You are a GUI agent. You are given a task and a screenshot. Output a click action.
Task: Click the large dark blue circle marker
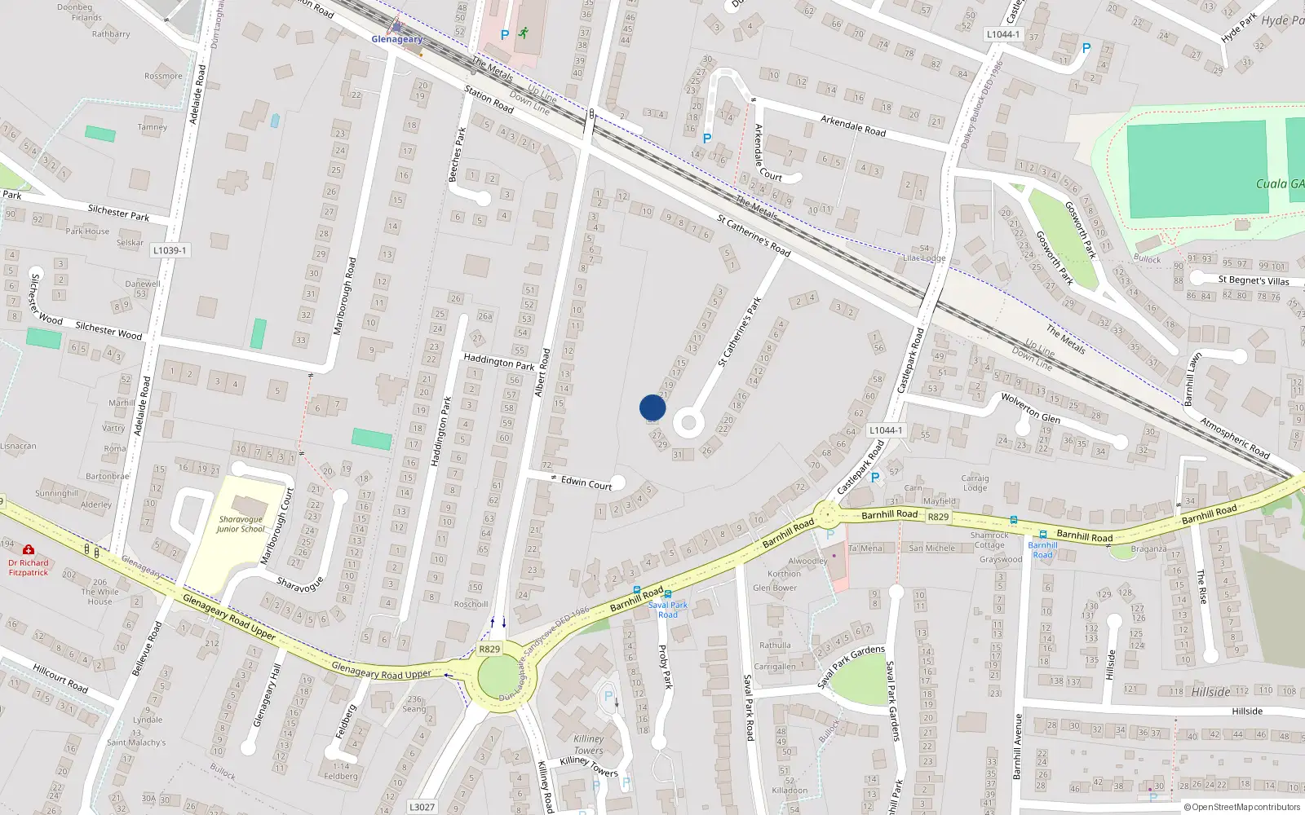[x=652, y=407]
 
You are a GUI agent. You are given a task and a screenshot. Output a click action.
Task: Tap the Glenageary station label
[x=397, y=39]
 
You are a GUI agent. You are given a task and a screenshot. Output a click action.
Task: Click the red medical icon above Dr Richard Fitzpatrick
[x=29, y=550]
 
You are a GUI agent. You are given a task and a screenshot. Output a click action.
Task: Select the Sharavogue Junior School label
[x=241, y=524]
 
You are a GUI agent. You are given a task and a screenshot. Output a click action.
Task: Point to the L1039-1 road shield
[x=170, y=250]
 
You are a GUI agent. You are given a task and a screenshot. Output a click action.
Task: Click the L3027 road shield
[x=422, y=807]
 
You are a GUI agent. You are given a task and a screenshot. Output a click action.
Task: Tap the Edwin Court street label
[x=586, y=482]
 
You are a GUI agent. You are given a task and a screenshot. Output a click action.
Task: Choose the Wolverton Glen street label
[x=1030, y=408]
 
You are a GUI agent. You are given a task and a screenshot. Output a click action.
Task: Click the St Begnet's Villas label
[x=1254, y=280]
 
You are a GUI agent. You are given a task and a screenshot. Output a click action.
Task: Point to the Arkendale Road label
[x=852, y=126]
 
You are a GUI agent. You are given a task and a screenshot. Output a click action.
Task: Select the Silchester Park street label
[x=118, y=213]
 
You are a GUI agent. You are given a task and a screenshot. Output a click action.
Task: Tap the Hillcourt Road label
[x=60, y=678]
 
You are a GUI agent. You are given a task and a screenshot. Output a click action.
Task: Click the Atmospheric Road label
[x=1234, y=438]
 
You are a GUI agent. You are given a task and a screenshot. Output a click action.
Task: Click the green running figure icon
[x=524, y=33]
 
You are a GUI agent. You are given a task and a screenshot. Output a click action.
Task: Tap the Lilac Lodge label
[x=924, y=258]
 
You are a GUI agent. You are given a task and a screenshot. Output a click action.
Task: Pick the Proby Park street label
[x=666, y=667]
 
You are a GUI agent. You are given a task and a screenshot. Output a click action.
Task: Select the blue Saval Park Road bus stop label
[x=667, y=610]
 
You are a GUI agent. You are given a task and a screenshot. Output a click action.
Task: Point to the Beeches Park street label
[x=458, y=154]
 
